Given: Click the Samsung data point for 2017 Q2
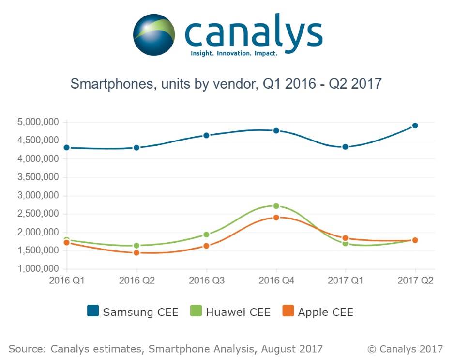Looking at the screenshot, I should tap(415, 125).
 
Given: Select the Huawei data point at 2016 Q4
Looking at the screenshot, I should tap(276, 206).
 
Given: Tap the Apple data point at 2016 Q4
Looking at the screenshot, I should tap(276, 218).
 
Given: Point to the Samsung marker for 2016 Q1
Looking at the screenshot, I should tap(67, 147).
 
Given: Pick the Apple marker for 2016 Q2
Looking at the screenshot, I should tap(136, 252).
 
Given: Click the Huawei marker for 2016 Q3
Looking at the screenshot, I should tap(206, 235).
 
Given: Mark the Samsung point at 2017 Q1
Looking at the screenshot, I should tap(345, 147).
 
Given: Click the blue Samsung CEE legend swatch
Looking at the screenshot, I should tap(93, 312).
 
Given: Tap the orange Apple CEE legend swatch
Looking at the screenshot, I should tap(288, 312).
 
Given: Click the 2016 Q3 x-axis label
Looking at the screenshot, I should tap(206, 281).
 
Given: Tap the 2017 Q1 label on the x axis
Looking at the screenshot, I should tap(345, 281).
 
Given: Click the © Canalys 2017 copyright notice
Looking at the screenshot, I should tap(405, 348).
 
